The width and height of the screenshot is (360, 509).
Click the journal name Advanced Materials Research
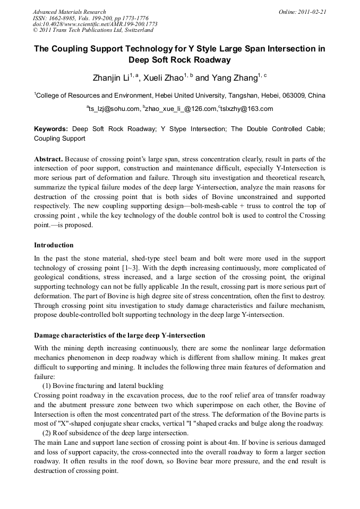click(69, 12)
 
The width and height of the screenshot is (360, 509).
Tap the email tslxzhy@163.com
click(247, 109)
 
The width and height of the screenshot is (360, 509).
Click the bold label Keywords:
click(51, 129)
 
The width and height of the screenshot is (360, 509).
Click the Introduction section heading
click(54, 245)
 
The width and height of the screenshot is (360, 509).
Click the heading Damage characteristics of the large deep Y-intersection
click(119, 335)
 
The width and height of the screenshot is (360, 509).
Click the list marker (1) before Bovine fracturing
click(47, 386)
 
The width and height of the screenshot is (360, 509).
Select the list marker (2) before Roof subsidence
click(47, 433)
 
